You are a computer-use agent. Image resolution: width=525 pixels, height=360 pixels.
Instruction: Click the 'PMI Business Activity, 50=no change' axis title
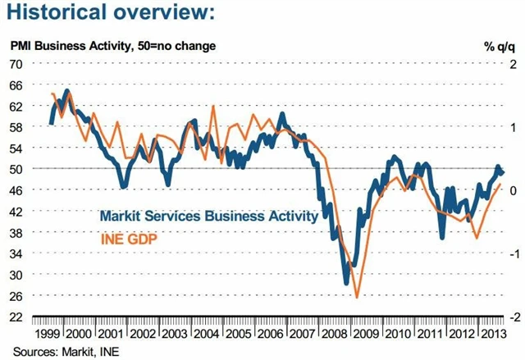pos(112,46)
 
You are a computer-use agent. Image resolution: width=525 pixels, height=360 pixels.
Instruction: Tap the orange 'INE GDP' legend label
pos(129,239)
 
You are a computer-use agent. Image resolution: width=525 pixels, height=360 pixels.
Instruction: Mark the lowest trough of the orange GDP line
pos(357,297)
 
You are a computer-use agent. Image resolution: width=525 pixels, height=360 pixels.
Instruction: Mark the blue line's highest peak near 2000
pos(66,90)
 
